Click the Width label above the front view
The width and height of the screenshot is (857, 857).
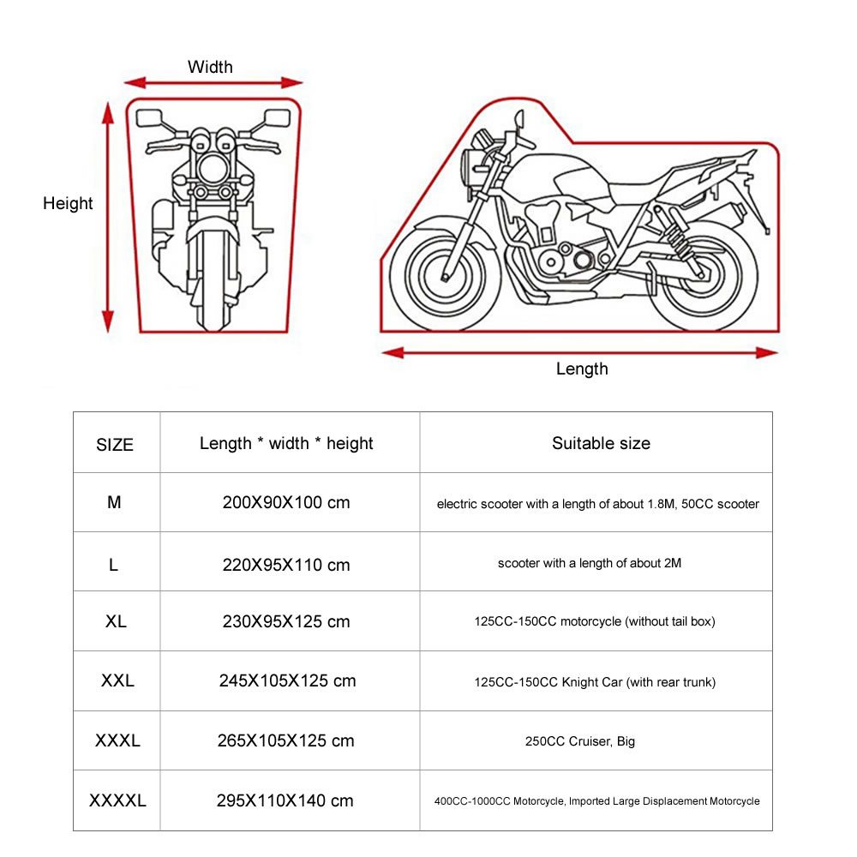210,67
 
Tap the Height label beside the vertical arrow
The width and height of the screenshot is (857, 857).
68,203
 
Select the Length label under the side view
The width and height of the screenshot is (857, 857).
582,369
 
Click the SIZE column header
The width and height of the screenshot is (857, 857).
115,445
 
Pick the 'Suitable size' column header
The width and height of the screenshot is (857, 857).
601,443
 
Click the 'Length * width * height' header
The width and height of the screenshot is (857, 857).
286,443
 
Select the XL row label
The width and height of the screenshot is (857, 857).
116,621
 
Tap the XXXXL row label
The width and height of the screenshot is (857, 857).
117,800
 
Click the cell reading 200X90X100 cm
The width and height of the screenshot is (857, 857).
286,502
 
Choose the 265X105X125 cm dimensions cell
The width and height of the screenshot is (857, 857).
286,740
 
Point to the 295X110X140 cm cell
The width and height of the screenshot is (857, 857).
286,800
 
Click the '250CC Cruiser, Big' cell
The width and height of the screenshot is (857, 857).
580,741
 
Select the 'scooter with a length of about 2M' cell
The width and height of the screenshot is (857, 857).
590,563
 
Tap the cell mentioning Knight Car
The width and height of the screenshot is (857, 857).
595,682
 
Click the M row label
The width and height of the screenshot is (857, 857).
114,502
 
